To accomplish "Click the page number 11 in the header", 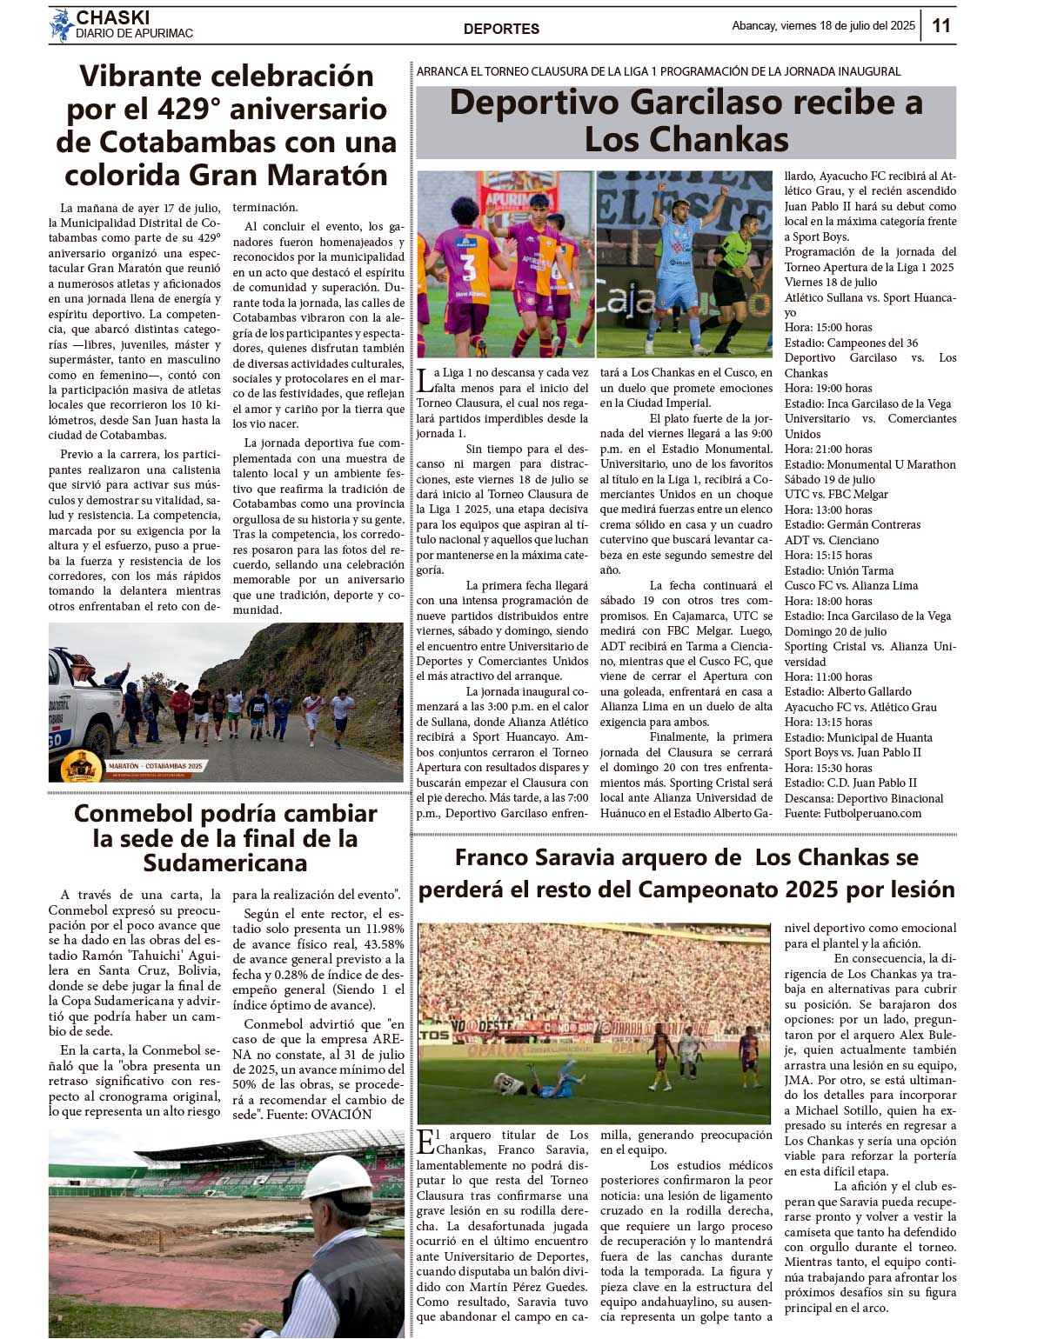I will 941,26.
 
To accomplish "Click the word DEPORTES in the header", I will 501,29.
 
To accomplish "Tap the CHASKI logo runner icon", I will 61,25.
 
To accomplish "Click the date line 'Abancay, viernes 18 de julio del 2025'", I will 823,26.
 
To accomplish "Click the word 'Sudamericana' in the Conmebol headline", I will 225,863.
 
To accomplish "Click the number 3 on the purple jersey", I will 467,267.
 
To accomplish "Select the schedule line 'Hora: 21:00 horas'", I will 828,450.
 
